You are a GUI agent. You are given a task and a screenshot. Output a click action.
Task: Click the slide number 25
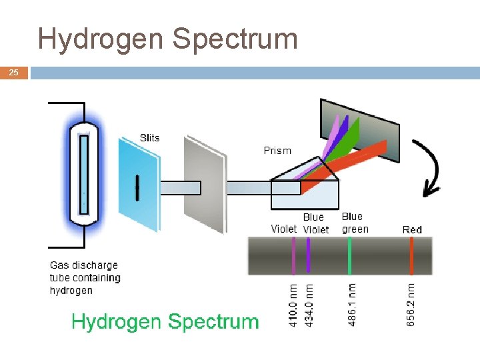(13, 73)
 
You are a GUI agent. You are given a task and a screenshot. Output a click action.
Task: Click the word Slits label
(150, 138)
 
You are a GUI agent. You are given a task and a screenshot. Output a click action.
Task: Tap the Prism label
(277, 151)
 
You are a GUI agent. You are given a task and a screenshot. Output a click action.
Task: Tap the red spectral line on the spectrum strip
(411, 256)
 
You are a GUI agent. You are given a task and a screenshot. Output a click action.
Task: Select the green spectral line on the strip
(350, 256)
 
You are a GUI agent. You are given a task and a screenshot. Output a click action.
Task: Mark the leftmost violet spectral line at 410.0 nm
(293, 256)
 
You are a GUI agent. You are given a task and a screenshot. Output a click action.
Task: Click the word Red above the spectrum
(412, 229)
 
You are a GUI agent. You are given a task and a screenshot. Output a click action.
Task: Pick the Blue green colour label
(354, 223)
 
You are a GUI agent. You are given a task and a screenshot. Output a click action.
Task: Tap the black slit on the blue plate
(137, 187)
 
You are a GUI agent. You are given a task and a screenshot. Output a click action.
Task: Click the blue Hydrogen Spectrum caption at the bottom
(165, 322)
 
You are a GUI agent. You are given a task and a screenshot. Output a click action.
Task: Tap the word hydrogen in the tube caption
(71, 291)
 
